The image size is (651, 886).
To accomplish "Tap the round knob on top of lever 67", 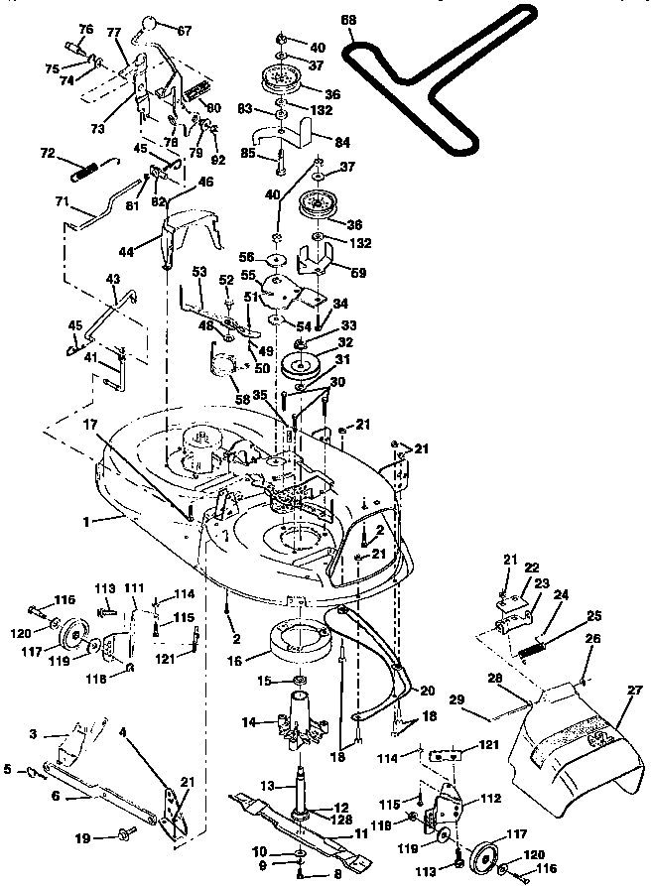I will (151, 23).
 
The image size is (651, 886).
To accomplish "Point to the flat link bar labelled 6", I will (99, 788).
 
